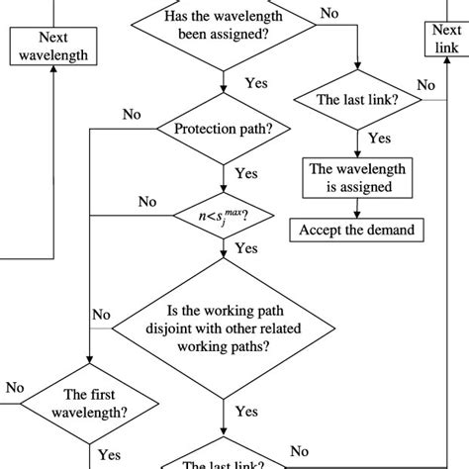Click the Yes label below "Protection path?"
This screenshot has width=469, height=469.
coord(246,172)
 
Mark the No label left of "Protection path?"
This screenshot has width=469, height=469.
coord(132,115)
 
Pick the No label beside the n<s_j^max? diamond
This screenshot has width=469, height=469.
coord(147,201)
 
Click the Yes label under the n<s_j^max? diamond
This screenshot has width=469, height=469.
coord(246,247)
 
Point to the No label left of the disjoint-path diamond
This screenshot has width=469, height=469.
coord(101,315)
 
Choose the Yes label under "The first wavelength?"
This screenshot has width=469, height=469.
coord(109,454)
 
